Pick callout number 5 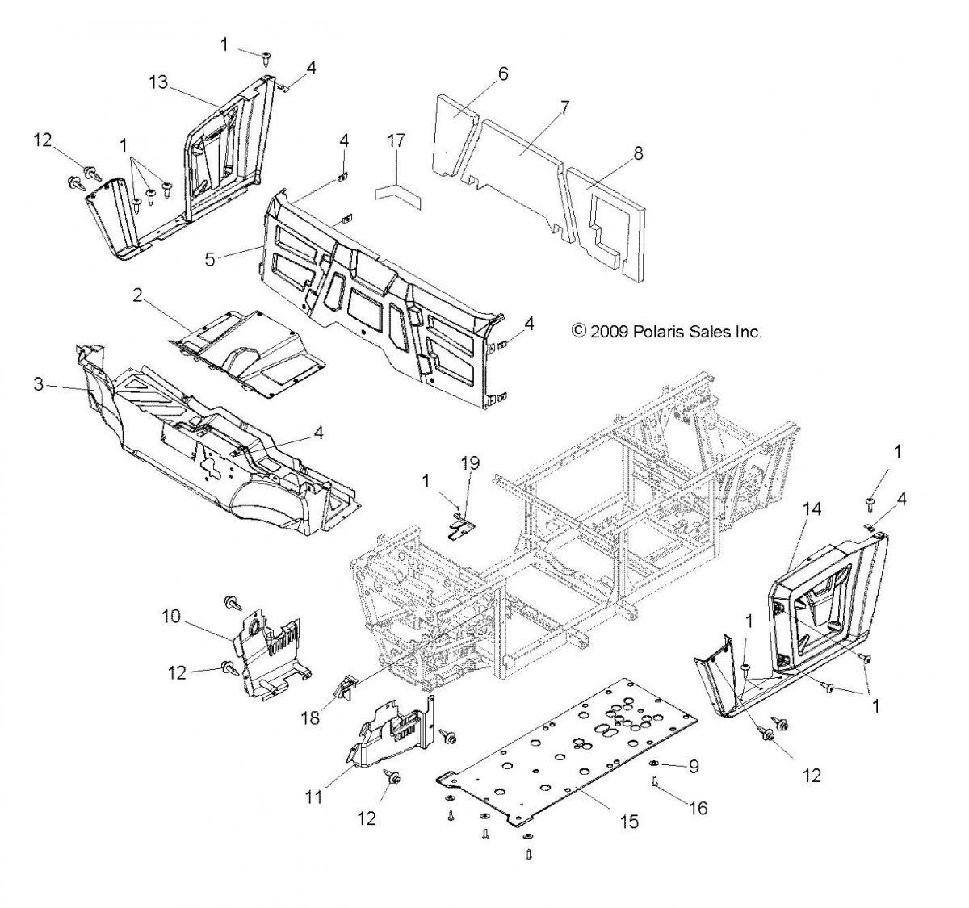pyautogui.click(x=209, y=259)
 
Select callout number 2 pyautogui.click(x=137, y=296)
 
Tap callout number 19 pyautogui.click(x=470, y=463)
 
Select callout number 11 pyautogui.click(x=313, y=797)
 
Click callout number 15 pyautogui.click(x=628, y=822)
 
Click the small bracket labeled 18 pyautogui.click(x=344, y=688)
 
